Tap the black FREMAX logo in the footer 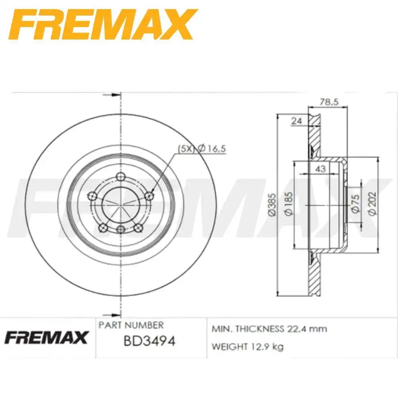point(46,338)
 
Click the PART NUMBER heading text point(131,325)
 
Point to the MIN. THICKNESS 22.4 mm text point(269,329)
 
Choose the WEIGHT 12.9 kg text point(247,347)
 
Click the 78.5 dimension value point(329,102)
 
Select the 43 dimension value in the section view point(320,169)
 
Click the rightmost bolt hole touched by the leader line point(149,195)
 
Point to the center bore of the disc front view point(121,204)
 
